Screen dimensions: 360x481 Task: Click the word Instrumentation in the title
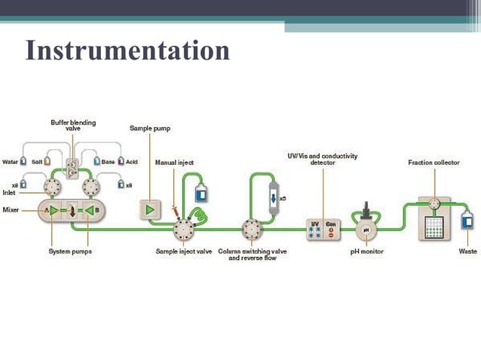point(127,50)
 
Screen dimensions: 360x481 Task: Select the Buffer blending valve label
point(73,125)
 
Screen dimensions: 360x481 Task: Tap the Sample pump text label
point(150,129)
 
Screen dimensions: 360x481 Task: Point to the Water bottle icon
point(23,161)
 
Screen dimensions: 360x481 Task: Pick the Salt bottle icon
point(47,161)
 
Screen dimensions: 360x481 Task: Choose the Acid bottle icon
point(120,161)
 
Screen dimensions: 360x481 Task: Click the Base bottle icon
point(97,161)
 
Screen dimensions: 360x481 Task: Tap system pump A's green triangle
point(53,211)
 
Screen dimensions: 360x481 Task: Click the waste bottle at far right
point(467,221)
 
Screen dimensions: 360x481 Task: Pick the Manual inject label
point(172,163)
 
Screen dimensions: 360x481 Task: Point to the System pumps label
point(69,252)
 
